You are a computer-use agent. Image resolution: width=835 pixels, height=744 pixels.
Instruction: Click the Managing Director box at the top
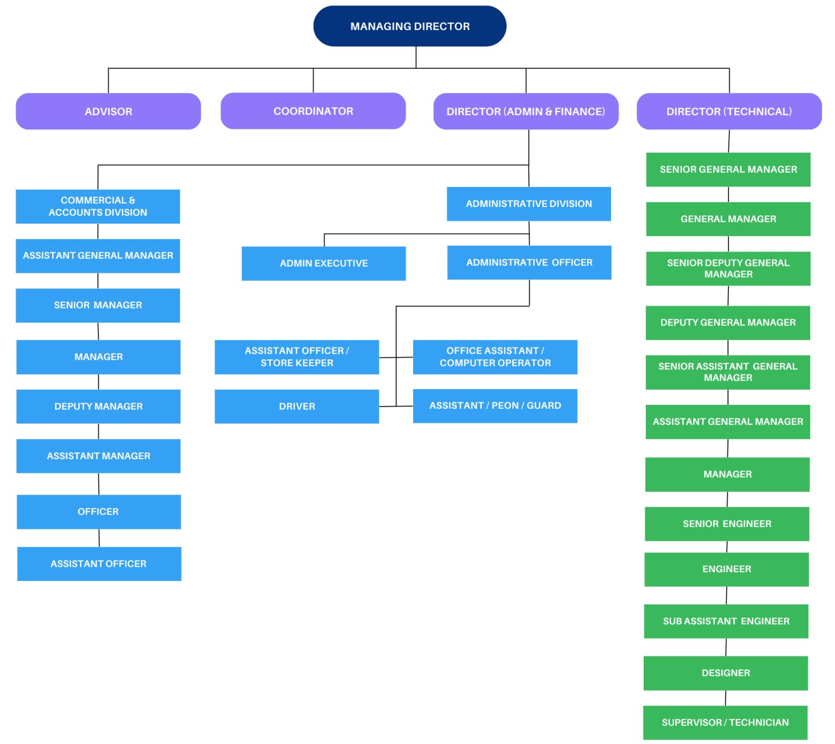[410, 26]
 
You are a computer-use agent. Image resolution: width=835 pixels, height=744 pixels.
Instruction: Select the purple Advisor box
[108, 111]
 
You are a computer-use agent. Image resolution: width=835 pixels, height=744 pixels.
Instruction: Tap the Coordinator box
[313, 111]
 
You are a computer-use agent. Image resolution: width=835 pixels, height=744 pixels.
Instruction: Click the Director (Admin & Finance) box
[526, 111]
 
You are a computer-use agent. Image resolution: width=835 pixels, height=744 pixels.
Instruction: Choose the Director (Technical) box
[729, 111]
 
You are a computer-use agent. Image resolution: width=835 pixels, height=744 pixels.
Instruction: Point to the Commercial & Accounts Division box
[98, 207]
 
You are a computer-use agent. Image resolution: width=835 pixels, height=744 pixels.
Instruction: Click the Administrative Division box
[528, 204]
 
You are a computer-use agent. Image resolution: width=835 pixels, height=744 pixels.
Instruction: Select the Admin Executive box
[323, 264]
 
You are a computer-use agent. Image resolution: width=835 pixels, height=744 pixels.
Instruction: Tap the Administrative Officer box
[529, 262]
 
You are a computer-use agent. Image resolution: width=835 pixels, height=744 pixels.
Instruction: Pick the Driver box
[297, 407]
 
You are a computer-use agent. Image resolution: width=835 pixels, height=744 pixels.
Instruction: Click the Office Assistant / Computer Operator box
[495, 357]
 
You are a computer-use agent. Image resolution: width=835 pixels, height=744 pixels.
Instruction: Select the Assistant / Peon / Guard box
[495, 406]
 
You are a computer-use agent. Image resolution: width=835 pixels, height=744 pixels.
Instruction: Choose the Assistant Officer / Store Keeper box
[297, 357]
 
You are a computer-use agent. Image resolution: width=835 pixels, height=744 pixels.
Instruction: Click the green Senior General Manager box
[728, 170]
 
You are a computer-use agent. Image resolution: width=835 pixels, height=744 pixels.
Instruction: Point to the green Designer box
[726, 673]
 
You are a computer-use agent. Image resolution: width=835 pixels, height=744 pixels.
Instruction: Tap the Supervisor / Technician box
[725, 722]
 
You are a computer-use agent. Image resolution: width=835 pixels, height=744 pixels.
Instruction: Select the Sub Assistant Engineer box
[726, 621]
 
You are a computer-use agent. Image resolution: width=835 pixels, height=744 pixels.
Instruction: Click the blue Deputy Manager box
[98, 407]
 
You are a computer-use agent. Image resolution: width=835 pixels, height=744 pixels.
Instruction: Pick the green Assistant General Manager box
[727, 422]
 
